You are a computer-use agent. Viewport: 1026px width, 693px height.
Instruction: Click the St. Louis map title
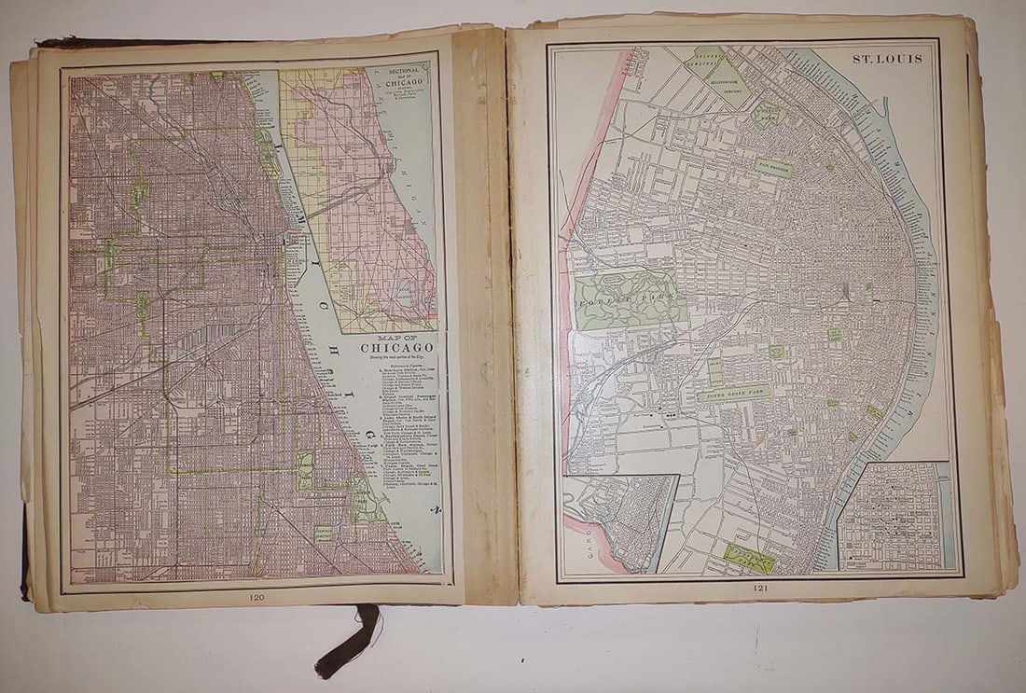887,59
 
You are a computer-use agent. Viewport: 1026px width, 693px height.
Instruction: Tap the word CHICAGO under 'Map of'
399,349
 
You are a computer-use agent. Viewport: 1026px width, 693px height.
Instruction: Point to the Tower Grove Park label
735,394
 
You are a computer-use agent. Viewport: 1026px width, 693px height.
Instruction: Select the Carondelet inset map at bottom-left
620,522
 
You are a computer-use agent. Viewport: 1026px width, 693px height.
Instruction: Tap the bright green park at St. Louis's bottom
749,557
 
